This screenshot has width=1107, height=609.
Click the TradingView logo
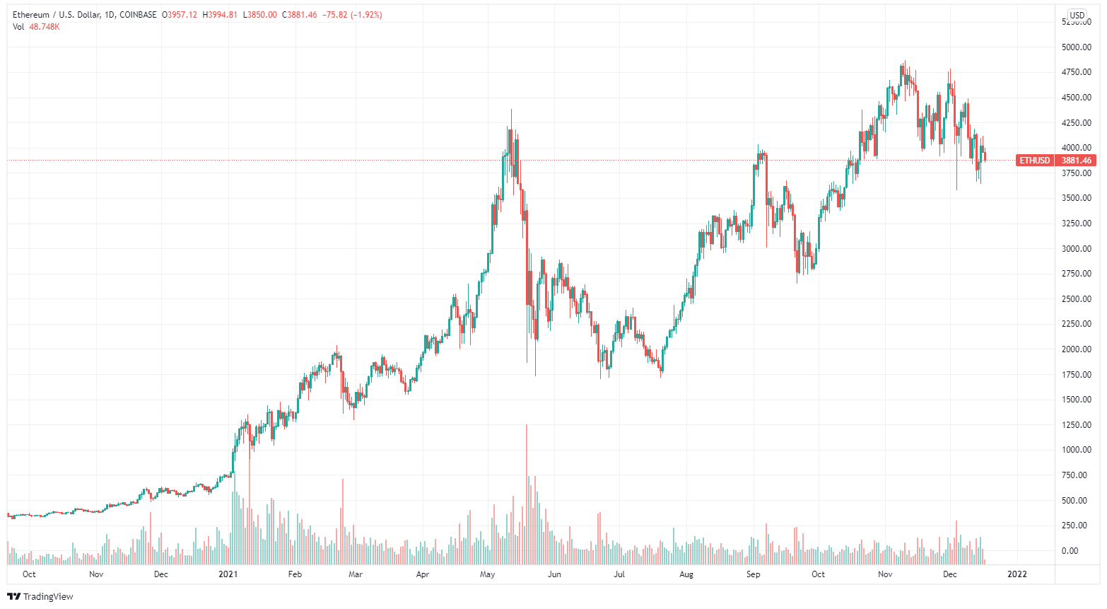[x=40, y=596]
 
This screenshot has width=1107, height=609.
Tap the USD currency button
[x=1077, y=15]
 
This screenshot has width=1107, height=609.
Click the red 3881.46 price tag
[x=1076, y=161]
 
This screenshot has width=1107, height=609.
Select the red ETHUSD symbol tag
[x=1034, y=161]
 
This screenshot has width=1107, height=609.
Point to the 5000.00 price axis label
[x=1076, y=47]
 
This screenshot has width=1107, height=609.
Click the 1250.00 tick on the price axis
[x=1076, y=425]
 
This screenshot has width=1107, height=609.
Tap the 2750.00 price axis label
[x=1076, y=274]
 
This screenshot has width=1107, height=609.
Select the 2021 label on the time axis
[x=228, y=574]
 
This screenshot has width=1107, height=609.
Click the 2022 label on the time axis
[x=1017, y=574]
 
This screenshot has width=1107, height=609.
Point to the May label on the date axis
[x=487, y=574]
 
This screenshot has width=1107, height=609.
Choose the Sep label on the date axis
[x=754, y=574]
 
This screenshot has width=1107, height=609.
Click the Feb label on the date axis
[x=295, y=574]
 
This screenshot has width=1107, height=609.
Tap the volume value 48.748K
[x=45, y=27]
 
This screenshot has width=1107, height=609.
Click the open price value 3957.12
[x=182, y=15]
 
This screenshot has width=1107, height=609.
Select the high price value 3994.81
[x=223, y=15]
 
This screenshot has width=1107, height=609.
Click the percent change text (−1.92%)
[x=366, y=15]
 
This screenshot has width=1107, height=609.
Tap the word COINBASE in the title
[x=139, y=15]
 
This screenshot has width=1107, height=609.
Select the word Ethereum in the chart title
[x=31, y=15]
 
